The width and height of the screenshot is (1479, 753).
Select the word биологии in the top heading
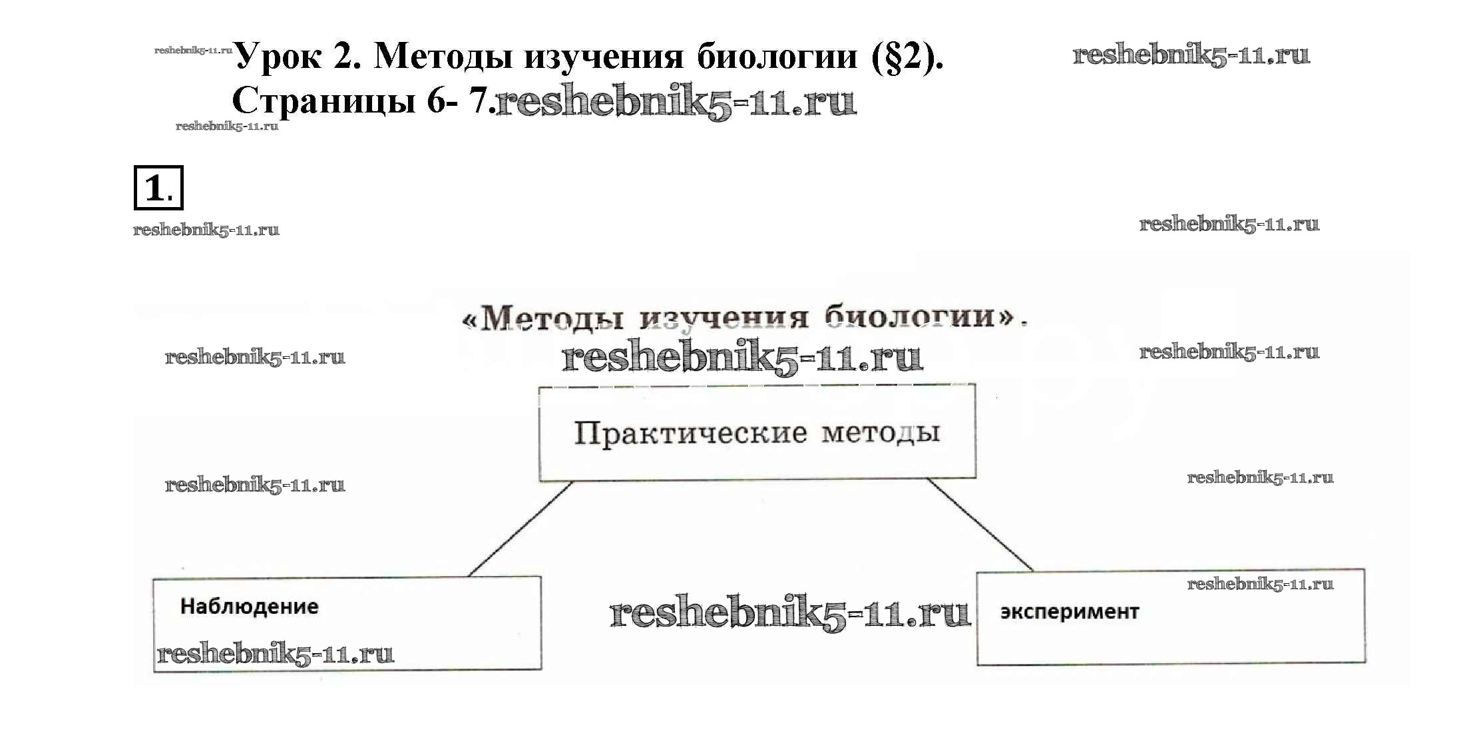pyautogui.click(x=777, y=56)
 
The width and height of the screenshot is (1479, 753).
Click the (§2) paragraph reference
pyautogui.click(x=907, y=57)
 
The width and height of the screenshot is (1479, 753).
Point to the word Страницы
pyautogui.click(x=323, y=101)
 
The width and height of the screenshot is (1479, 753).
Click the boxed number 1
pyautogui.click(x=158, y=188)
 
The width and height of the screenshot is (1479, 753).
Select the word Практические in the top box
pyautogui.click(x=690, y=433)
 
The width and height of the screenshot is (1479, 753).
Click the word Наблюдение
pyautogui.click(x=249, y=607)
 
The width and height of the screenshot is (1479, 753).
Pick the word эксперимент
pyautogui.click(x=1069, y=612)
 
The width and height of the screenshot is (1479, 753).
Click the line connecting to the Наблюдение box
pyautogui.click(x=520, y=529)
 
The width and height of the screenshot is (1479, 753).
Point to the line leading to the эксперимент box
pyautogui.click(x=979, y=525)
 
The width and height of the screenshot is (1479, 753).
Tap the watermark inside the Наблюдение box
pyautogui.click(x=275, y=654)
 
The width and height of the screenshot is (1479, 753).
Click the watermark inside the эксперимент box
pyautogui.click(x=1260, y=585)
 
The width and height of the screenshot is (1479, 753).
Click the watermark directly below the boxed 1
pyautogui.click(x=206, y=230)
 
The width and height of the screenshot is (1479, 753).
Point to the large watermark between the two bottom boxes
pyautogui.click(x=789, y=613)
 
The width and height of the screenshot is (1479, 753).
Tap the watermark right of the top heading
pyautogui.click(x=1191, y=55)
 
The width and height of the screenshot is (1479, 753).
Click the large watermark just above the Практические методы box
pyautogui.click(x=742, y=358)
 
